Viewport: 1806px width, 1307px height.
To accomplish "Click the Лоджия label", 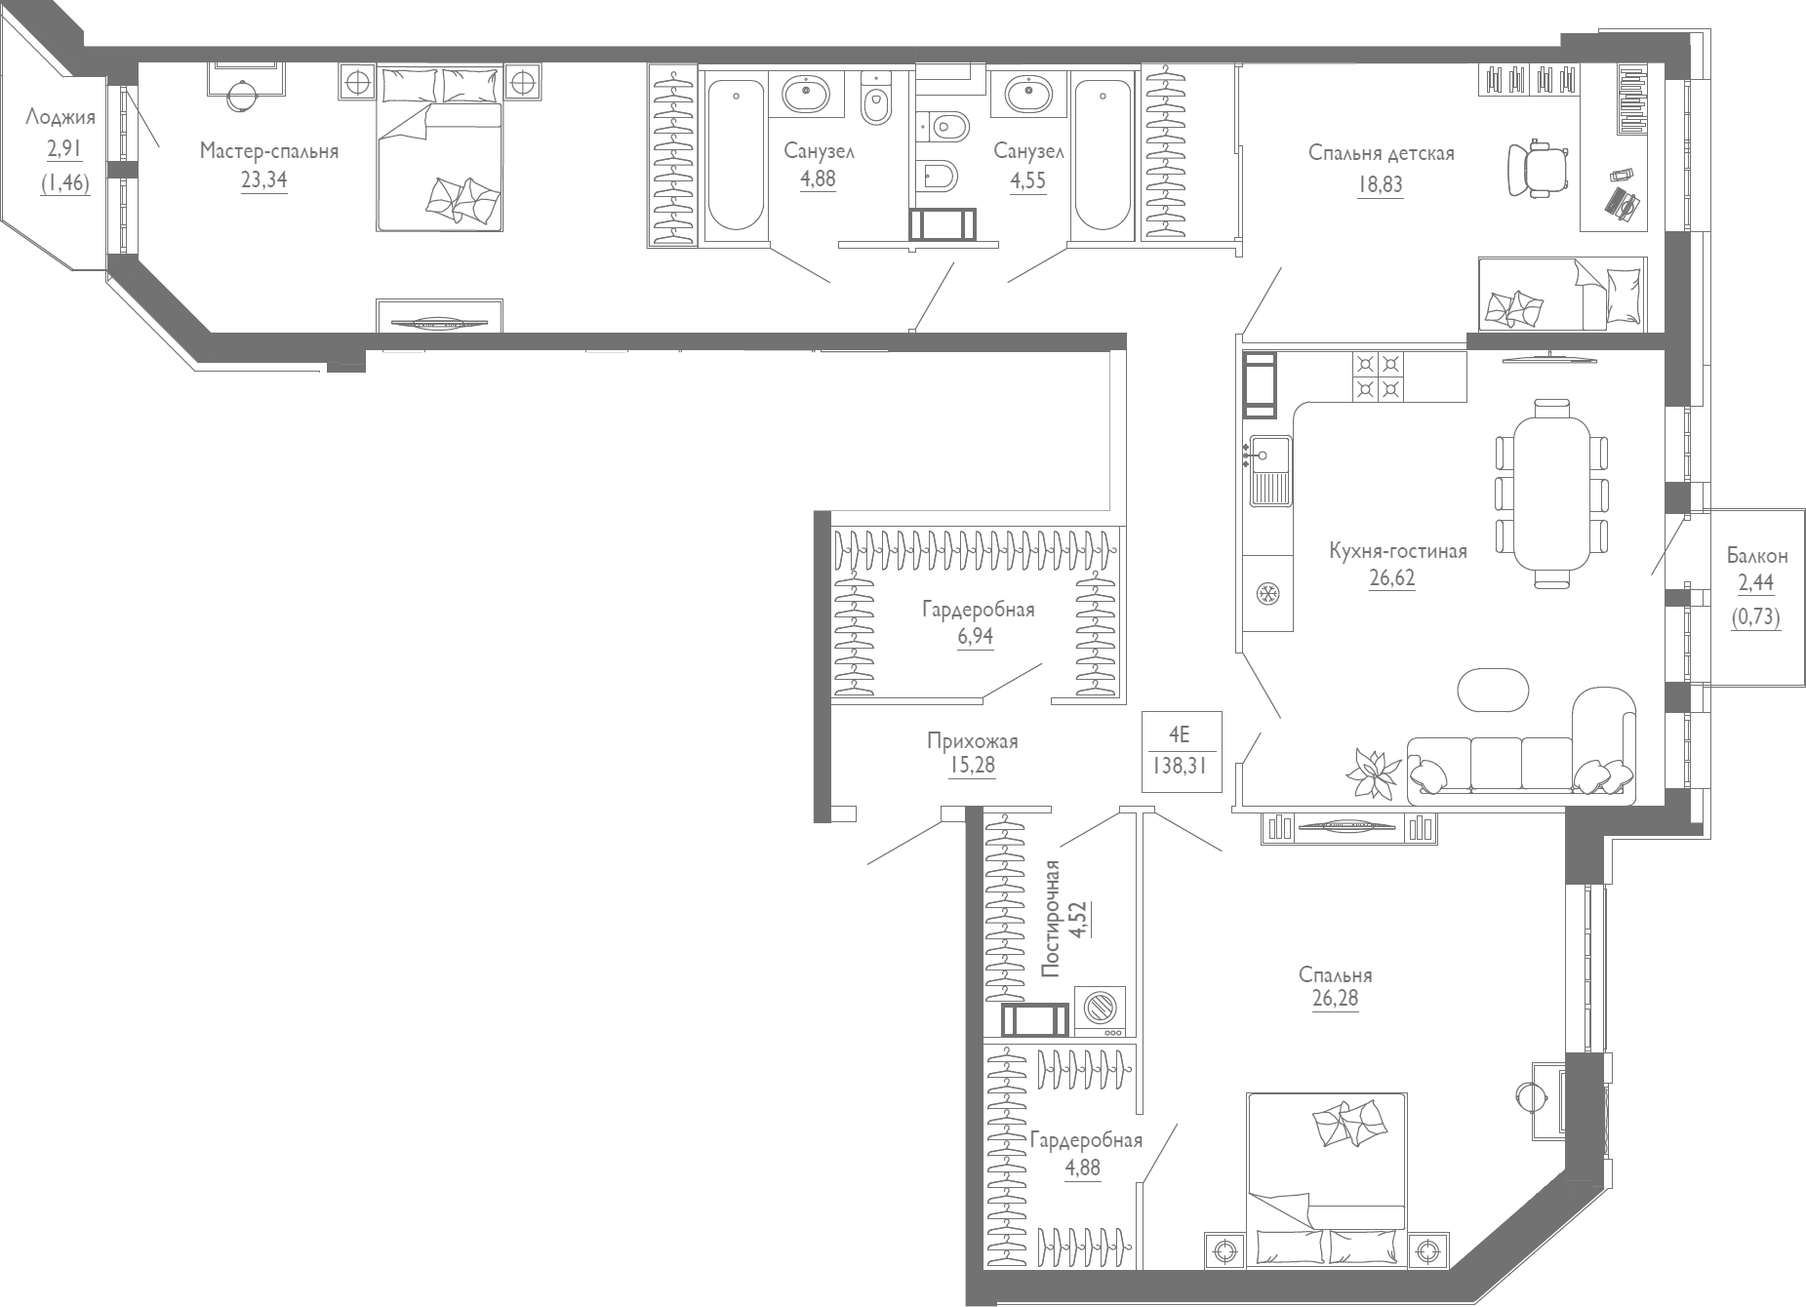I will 60,118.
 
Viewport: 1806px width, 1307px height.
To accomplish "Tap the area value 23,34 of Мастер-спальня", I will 264,179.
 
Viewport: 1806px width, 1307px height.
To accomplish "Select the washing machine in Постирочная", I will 1100,1010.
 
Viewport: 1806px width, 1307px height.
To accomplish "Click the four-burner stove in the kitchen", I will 1378,376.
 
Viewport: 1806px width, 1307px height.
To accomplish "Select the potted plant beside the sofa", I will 1372,774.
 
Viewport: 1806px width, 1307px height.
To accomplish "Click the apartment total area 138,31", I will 1180,767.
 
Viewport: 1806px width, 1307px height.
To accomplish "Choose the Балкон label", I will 1756,556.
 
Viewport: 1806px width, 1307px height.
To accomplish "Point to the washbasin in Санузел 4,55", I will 1029,95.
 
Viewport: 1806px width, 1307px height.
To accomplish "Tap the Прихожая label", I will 972,741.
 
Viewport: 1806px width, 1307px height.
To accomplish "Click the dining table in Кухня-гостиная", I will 1551,493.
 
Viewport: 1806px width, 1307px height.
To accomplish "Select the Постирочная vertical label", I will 1051,918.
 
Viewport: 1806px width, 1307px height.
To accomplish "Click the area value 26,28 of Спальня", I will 1335,999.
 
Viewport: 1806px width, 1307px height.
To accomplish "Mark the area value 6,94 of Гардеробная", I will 976,636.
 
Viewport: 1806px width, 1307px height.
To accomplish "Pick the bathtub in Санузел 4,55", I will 1102,156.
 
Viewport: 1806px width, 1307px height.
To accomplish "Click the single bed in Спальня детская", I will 1561,295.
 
